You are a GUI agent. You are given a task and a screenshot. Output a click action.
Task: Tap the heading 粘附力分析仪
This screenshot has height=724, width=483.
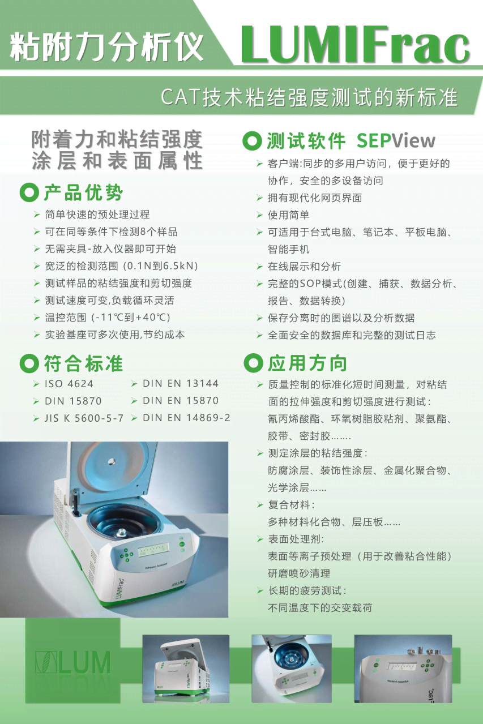pos(106,46)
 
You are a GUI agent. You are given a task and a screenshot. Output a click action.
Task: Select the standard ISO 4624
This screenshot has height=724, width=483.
pos(69,384)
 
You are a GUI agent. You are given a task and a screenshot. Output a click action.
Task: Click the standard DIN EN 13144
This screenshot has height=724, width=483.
pos(181,383)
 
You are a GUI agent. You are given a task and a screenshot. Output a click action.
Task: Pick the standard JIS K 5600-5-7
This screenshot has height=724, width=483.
pos(84,418)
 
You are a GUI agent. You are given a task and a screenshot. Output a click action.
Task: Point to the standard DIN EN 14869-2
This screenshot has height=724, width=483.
pos(186,418)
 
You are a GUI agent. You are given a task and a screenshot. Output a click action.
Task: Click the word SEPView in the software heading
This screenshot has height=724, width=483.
pos(396,140)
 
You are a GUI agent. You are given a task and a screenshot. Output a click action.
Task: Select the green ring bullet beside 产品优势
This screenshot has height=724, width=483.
pos(29,192)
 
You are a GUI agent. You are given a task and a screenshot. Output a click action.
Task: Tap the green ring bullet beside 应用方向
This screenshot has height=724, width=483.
pos(253,363)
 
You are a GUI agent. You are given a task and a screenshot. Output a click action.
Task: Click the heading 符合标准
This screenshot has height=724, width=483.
pos(83,363)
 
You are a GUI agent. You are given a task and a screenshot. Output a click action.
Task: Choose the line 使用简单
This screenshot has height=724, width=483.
pos(288,215)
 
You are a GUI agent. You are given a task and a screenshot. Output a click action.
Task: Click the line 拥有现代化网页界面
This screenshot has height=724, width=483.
pos(315,198)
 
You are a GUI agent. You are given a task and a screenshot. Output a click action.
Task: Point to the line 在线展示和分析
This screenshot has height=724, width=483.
pos(304,266)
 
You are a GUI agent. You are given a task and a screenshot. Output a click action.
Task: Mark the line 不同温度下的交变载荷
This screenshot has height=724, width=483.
pos(320,607)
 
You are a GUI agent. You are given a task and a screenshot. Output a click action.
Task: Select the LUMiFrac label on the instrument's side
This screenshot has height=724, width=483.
pos(120,589)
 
